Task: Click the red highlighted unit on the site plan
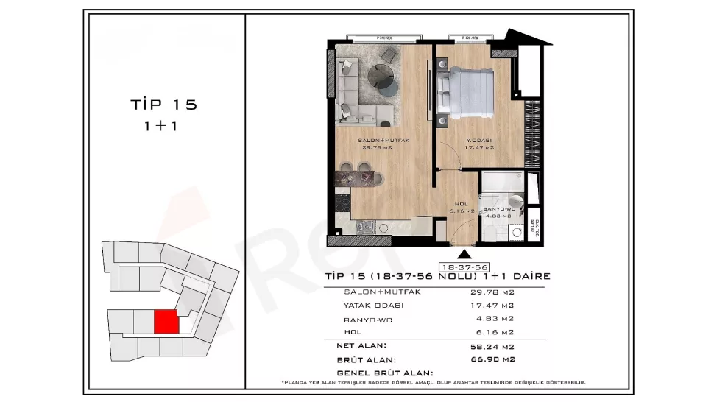point(166,322)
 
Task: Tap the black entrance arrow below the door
point(464,252)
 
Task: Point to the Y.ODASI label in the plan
point(479,140)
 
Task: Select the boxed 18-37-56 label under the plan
point(464,266)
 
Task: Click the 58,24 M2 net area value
point(492,345)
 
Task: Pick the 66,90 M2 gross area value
point(492,360)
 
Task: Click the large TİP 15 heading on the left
point(163,105)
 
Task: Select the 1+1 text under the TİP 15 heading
point(163,126)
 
